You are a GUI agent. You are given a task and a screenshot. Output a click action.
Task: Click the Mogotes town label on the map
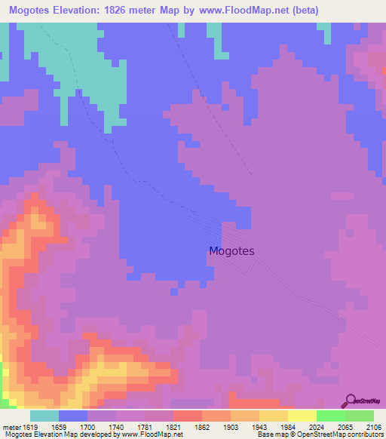point(231,251)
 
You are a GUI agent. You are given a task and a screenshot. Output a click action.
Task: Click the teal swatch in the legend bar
point(44,416)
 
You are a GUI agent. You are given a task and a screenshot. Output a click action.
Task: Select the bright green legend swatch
point(330,416)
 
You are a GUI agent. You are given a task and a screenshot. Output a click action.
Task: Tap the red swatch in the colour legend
point(187,416)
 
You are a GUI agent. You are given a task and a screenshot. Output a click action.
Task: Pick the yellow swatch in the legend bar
point(302,416)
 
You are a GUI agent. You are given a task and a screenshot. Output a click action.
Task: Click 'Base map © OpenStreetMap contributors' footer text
point(319,434)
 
